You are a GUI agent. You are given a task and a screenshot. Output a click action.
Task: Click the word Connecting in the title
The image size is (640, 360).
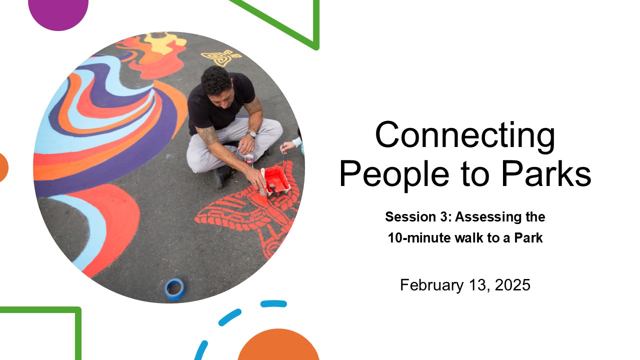[465, 134]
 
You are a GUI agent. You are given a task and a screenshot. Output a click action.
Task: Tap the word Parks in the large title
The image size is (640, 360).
[546, 173]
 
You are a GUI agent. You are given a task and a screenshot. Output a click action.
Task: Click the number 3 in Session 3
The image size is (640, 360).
[443, 217]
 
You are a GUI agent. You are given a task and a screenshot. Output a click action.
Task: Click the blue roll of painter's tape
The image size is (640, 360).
[174, 288]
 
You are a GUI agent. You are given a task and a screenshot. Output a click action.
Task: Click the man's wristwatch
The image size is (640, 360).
[251, 134]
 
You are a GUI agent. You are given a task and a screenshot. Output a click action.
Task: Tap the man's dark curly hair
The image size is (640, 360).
[216, 79]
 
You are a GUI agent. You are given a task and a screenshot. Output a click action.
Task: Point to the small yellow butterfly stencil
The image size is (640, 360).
[221, 57]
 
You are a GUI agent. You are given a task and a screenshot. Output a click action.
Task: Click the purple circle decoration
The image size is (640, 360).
[58, 13]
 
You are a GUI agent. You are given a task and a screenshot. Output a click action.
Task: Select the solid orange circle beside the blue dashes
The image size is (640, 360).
[278, 345]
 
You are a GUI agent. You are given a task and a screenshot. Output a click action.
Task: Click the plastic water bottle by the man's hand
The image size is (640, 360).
[249, 159]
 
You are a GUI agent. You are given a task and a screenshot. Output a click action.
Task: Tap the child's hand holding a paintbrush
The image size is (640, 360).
[286, 146]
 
